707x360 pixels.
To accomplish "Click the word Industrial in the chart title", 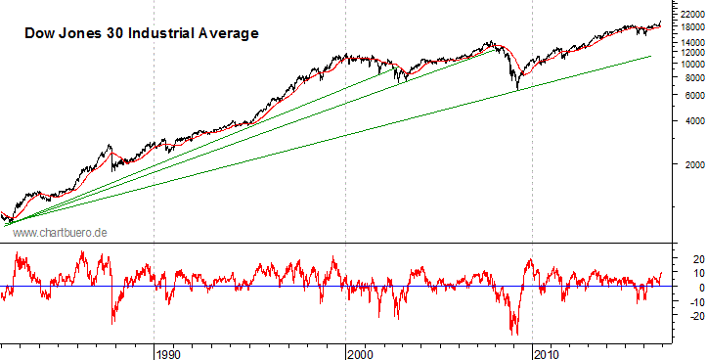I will (171, 33).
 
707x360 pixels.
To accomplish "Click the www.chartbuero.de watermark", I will (59, 232).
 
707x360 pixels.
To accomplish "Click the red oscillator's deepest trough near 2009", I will (514, 334).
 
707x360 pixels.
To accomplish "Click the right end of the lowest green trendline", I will (651, 57).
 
